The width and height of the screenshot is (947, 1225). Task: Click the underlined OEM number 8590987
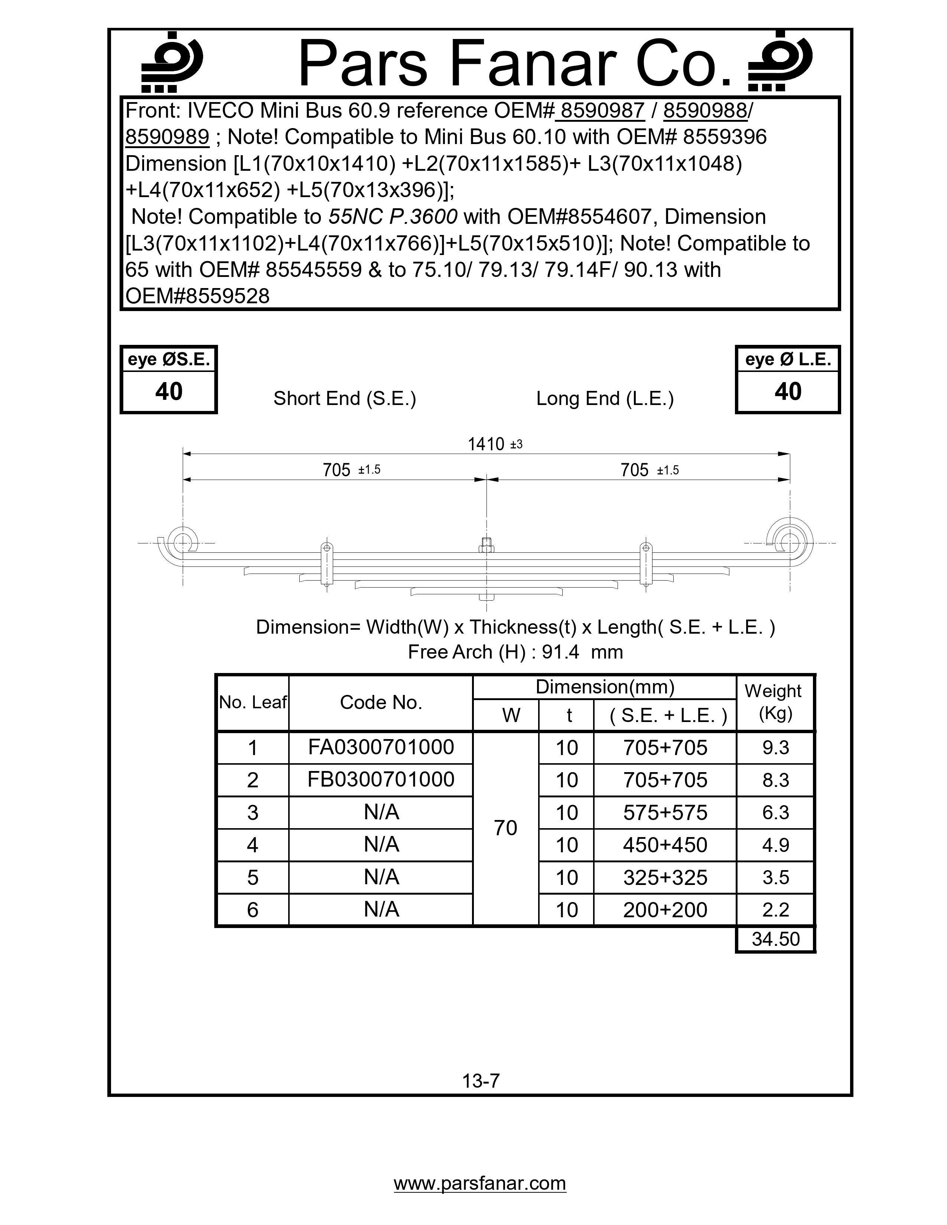point(602,111)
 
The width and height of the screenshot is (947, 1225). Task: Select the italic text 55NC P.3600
point(393,216)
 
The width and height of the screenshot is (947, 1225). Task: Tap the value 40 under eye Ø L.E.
point(788,392)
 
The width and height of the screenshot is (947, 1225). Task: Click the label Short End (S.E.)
point(345,398)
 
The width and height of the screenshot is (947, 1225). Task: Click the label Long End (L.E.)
point(605,398)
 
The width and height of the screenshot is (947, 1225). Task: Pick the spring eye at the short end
point(183,542)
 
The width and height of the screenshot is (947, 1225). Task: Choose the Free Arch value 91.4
point(560,652)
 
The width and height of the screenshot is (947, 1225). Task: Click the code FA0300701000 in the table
point(381,747)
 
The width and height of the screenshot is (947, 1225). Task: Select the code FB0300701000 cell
point(381,780)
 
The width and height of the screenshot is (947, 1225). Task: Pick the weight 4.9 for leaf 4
point(775,845)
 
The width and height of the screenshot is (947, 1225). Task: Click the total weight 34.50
point(775,939)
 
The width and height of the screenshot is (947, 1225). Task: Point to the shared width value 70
point(505,828)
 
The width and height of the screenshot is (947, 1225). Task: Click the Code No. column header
point(381,702)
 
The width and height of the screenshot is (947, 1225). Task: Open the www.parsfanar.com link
point(480,1183)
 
